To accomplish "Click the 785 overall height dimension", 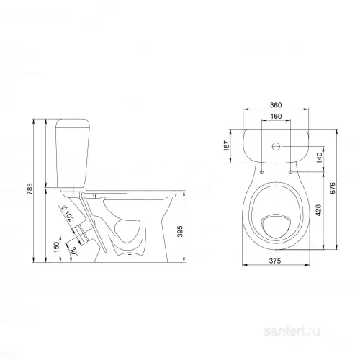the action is coord(30,189).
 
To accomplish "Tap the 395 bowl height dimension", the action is coord(180,231).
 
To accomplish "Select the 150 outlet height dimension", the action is coord(56,247).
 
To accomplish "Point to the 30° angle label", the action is coord(73,252).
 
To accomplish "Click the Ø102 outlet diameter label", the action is coord(68,214).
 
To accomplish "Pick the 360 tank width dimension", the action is coord(276,105).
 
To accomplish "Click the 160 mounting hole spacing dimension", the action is coord(276,117).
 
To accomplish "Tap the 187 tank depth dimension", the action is coord(227,146).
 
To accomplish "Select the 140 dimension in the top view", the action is coord(319,158).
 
